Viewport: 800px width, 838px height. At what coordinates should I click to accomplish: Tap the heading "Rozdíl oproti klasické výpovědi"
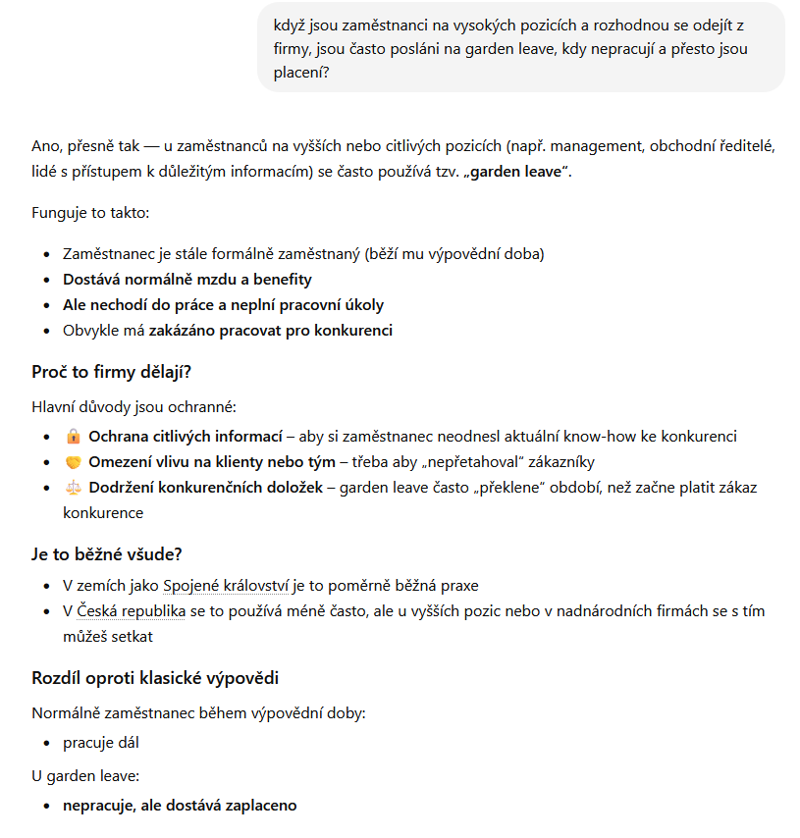click(x=156, y=678)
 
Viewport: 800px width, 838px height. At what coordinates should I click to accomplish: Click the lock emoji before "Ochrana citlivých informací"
click(x=74, y=437)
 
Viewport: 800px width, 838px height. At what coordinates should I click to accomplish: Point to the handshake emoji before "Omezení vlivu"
click(x=74, y=462)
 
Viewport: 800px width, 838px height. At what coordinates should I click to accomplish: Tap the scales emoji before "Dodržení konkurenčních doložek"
click(x=74, y=488)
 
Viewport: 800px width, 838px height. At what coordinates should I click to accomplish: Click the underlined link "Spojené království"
click(x=226, y=586)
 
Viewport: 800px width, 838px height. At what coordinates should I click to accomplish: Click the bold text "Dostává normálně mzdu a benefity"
click(x=187, y=280)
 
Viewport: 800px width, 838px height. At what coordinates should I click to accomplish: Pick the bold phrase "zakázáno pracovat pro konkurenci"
click(x=270, y=331)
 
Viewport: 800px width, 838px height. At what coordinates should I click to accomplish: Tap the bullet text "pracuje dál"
click(x=101, y=743)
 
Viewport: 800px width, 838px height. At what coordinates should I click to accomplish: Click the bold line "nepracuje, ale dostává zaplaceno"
click(x=180, y=806)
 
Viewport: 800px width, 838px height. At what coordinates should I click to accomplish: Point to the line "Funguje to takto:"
click(x=90, y=213)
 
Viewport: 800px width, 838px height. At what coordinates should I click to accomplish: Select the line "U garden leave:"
click(x=85, y=776)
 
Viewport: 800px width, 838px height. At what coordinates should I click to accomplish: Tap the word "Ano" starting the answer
click(x=45, y=146)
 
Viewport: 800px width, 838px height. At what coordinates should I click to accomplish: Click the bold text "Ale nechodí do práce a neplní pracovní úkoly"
click(x=224, y=305)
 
